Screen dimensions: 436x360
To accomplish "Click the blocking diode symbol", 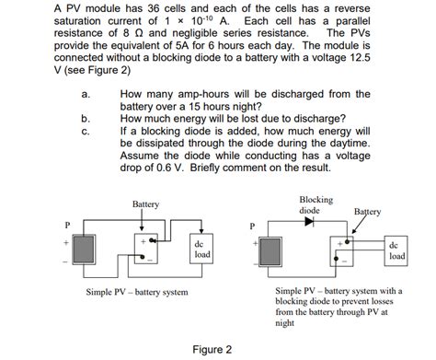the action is point(309,221).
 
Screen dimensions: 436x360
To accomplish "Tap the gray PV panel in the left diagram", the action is point(84,250).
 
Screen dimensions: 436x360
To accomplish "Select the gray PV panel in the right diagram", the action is point(270,252).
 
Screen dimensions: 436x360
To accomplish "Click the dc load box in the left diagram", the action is point(201,249).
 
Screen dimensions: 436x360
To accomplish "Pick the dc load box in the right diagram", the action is point(396,251).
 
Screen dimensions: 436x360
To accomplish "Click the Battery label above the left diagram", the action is point(145,204).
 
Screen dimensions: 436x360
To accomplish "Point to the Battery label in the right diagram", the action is point(367,212).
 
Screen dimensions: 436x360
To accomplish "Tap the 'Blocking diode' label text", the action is point(316,205).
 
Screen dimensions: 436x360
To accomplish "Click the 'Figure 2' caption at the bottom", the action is point(212,350).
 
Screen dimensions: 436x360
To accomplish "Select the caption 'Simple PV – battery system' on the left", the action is point(137,292).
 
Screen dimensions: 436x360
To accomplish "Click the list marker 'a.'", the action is point(86,94).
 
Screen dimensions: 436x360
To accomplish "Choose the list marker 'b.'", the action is point(86,119).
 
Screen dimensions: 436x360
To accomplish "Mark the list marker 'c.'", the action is point(86,132).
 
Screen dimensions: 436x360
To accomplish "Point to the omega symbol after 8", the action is point(140,33).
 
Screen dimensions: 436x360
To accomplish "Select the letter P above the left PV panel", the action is point(68,226).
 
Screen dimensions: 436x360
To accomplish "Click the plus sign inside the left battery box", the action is point(143,241).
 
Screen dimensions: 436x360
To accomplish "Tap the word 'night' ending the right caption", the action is point(285,323).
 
